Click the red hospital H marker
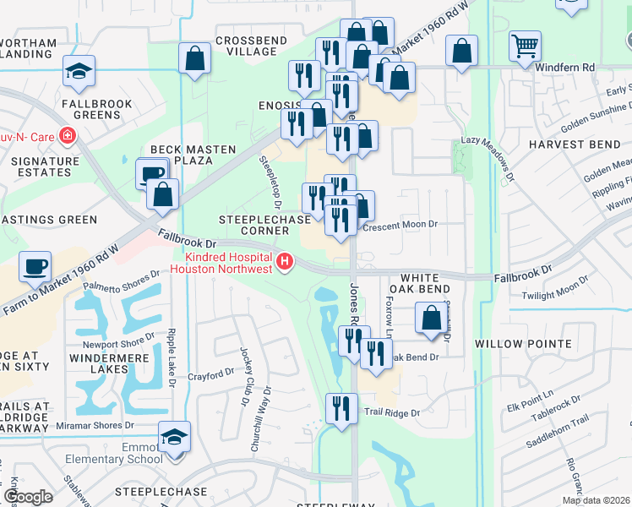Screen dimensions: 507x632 (285, 262)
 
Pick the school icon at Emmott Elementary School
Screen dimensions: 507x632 (175, 437)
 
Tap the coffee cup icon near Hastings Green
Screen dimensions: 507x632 (35, 266)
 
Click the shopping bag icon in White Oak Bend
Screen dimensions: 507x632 (431, 319)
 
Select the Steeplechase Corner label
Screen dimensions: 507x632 (254, 225)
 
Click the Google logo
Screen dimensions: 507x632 (27, 497)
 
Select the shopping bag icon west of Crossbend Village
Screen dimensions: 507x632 (194, 59)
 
